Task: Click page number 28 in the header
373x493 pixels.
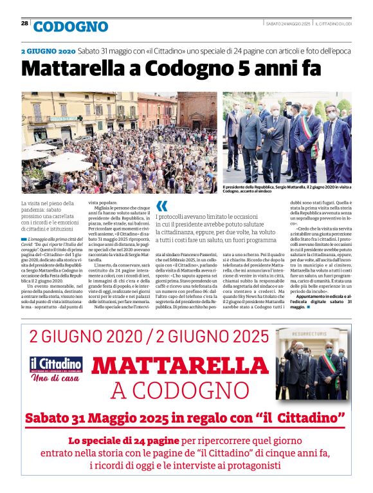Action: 24,23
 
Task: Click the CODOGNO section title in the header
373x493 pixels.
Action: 71,26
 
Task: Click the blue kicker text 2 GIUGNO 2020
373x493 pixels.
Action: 48,50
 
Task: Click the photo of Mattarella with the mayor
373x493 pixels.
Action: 287,137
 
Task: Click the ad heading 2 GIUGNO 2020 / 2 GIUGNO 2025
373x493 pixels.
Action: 149,336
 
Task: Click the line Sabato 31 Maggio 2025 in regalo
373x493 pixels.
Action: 185,418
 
